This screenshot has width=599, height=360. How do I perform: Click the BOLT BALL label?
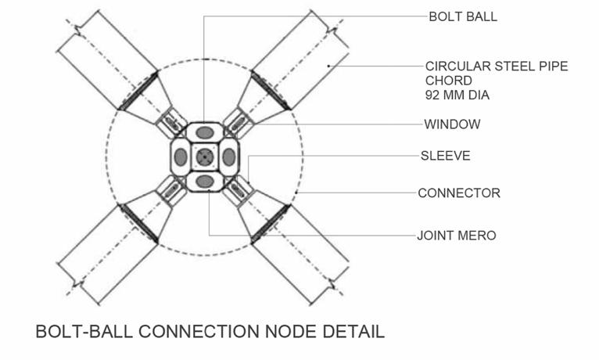click(x=462, y=17)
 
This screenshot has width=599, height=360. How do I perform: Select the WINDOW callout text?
click(x=452, y=124)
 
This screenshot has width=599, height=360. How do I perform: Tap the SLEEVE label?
click(x=445, y=156)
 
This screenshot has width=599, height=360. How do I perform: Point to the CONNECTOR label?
click(x=458, y=193)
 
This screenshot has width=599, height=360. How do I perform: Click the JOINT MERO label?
click(x=456, y=235)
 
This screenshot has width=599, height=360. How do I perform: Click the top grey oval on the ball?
click(x=205, y=132)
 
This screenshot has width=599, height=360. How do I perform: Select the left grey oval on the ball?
click(x=181, y=157)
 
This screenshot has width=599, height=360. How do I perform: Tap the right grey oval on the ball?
click(x=229, y=157)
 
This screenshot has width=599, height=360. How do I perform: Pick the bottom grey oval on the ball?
click(x=205, y=182)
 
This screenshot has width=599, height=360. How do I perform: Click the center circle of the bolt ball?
click(x=205, y=157)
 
